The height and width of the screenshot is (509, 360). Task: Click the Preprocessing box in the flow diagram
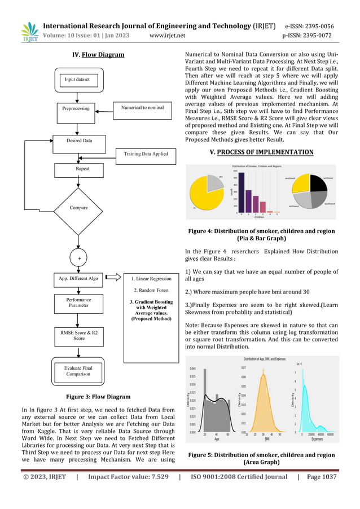(79, 107)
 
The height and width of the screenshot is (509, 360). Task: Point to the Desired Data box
(79, 141)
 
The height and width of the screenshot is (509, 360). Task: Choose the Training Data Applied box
(146, 153)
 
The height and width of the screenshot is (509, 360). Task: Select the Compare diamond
(79, 208)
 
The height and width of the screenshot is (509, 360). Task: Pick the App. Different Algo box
(78, 278)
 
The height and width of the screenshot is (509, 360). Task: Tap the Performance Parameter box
(79, 302)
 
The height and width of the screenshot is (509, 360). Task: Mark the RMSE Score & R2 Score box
(79, 336)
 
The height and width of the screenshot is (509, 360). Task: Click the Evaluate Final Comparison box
(78, 370)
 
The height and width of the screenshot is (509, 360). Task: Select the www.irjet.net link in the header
(168, 36)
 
